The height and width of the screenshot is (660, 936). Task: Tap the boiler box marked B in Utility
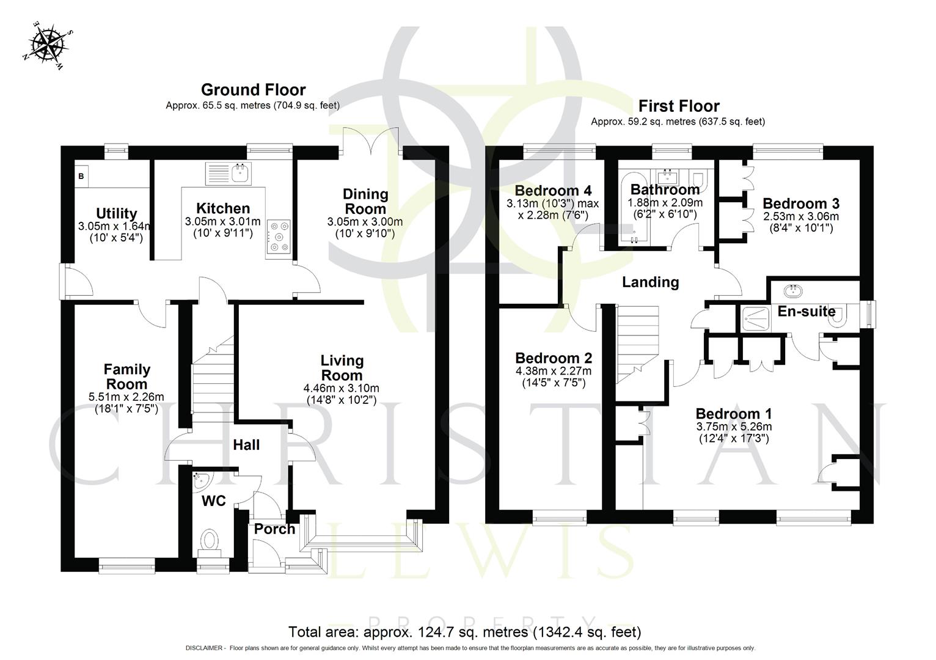pos(81,177)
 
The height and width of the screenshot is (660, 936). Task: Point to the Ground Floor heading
pos(253,90)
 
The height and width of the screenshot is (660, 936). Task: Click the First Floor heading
pos(678,106)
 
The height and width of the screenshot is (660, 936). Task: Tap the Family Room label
pos(126,376)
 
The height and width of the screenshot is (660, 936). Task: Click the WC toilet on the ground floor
pos(210,541)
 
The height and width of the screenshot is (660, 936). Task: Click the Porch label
pos(274,529)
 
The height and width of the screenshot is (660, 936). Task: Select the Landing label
pos(650,282)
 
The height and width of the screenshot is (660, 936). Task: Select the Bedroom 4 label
pos(554,190)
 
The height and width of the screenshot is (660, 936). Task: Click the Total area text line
pos(464,631)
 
